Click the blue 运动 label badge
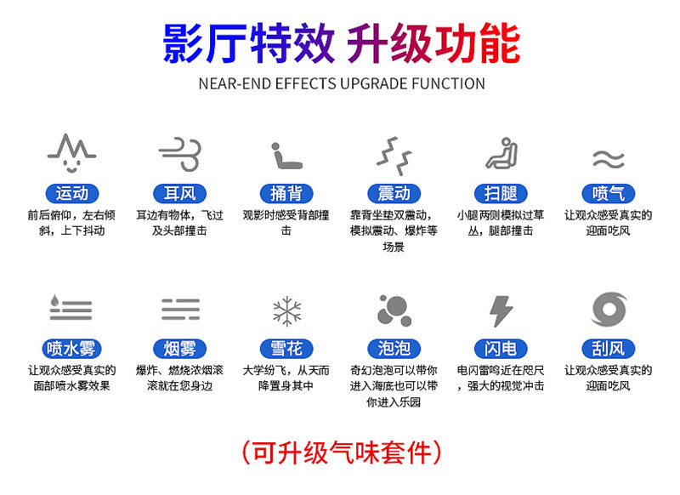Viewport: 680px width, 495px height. (72, 193)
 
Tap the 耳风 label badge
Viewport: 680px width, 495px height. (179, 193)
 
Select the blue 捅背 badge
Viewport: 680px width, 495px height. (286, 193)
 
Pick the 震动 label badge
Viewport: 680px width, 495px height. (394, 193)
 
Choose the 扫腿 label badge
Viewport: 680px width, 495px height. (501, 193)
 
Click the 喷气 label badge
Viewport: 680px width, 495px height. (608, 193)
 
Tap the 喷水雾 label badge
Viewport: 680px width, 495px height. (71, 349)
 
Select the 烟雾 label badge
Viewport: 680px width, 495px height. (179, 349)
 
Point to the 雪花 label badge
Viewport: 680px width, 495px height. (286, 349)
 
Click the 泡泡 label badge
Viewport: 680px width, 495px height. (394, 349)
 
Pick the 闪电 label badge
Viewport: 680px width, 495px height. (501, 349)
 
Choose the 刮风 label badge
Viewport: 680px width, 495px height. (608, 349)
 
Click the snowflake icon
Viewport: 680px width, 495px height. (286, 311)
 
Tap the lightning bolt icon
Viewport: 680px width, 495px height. (501, 311)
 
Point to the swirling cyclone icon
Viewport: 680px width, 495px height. (609, 310)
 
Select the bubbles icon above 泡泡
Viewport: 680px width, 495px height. (394, 310)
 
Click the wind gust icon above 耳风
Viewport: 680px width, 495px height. (180, 154)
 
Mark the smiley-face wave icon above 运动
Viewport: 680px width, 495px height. (71, 153)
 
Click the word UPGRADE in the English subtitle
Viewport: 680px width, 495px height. (374, 83)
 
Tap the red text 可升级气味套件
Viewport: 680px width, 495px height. (342, 453)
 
